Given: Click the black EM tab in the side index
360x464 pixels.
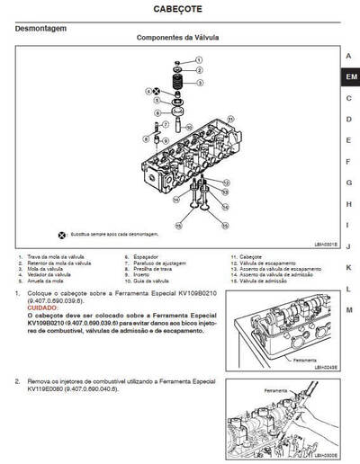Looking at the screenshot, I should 349,77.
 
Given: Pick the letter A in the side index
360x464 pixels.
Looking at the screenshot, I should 348,56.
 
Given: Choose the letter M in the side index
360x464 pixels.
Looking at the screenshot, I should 348,309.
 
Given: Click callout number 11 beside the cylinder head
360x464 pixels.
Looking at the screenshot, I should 230,118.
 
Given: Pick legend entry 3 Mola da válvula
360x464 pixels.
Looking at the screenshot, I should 47,269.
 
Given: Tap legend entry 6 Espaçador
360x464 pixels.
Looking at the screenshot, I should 147,256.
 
